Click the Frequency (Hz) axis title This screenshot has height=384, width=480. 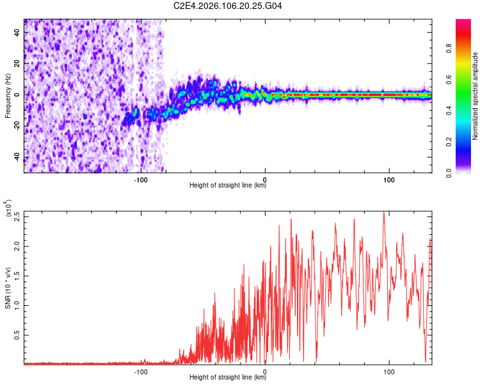point(8,95)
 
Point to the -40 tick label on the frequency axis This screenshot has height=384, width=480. point(16,158)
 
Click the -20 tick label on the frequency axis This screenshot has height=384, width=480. point(16,127)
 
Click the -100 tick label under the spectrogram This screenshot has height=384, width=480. point(141,179)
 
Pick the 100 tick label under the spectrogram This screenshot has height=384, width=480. point(389,179)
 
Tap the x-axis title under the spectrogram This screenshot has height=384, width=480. point(228,186)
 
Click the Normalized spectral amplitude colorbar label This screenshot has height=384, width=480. point(476,96)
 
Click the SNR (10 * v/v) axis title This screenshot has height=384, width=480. point(8,287)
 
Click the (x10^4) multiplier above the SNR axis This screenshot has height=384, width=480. point(8,208)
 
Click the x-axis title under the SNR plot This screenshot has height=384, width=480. point(228,378)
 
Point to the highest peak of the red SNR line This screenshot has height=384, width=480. point(383,212)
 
